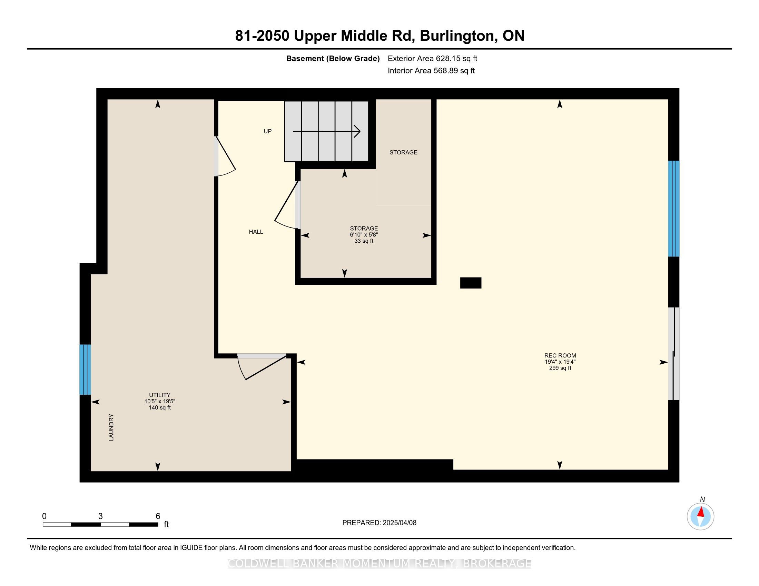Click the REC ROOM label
[x=560, y=355]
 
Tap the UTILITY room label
[x=159, y=395]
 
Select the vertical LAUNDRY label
[x=111, y=427]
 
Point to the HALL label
[x=256, y=232]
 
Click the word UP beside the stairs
[x=268, y=131]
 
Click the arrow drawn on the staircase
[x=327, y=132]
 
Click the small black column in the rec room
[x=471, y=283]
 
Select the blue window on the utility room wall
[x=85, y=370]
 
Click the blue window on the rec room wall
[x=674, y=209]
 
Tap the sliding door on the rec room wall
[x=674, y=354]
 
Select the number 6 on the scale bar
[x=158, y=516]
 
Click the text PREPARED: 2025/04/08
[x=379, y=523]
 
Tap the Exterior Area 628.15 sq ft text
[x=432, y=59]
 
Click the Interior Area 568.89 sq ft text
[x=431, y=71]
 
